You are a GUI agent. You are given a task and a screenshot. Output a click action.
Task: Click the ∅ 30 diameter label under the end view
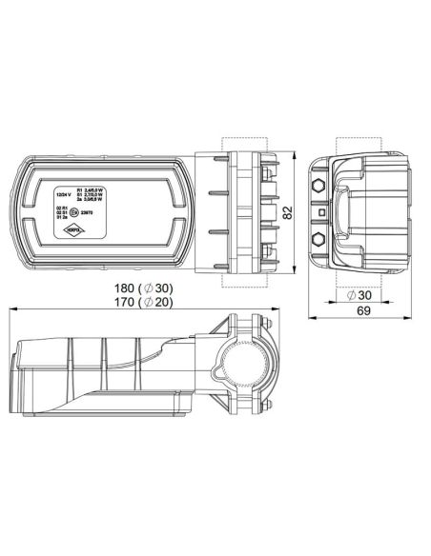pos(360,294)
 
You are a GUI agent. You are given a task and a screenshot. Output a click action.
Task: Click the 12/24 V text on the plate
pos(65,195)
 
